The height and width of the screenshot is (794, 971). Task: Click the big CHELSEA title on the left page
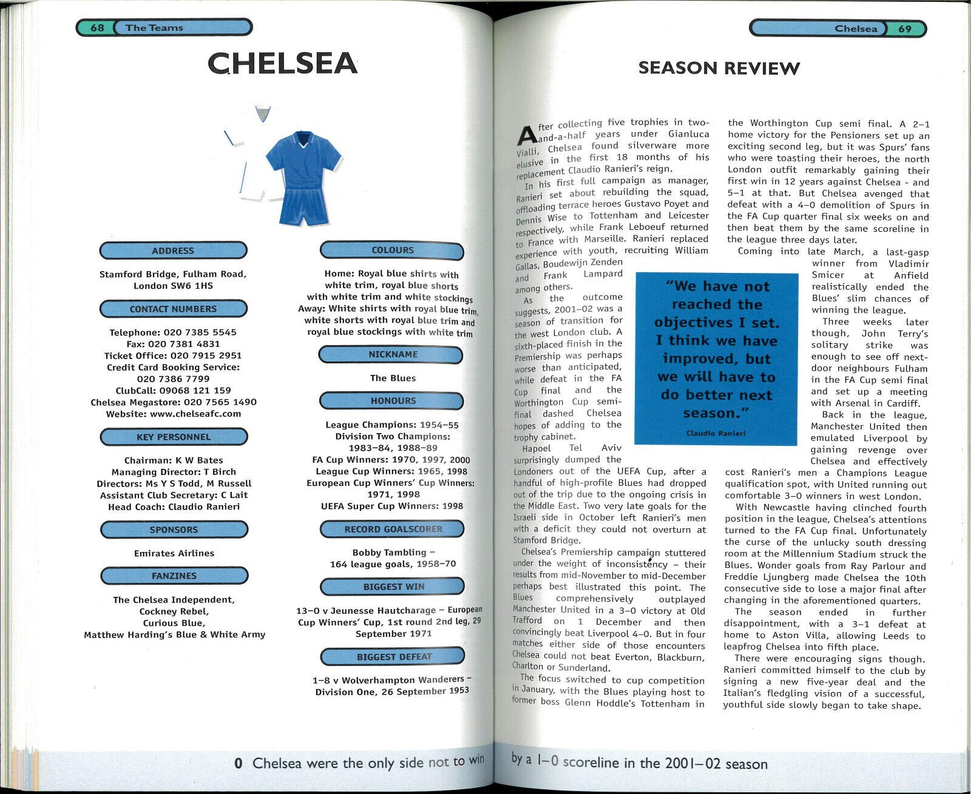point(282,64)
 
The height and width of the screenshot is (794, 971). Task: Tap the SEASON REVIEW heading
point(719,69)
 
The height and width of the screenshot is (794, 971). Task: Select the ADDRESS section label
point(173,251)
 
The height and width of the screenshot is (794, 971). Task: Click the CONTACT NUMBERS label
point(173,309)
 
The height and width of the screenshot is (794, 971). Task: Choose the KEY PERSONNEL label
point(174,437)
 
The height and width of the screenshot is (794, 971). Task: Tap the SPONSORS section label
point(174,530)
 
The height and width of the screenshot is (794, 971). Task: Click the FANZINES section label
point(174,576)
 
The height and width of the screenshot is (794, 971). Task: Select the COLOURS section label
point(392,250)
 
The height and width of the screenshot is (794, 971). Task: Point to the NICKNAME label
point(393,354)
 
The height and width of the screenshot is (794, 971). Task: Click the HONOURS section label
point(393,401)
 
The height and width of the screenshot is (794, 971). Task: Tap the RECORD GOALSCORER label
point(393,529)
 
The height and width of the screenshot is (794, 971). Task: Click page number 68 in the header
point(97,28)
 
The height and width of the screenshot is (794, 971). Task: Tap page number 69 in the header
point(904,29)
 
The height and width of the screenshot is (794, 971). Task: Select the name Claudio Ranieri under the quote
point(716,433)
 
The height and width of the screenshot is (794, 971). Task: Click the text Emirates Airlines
point(174,553)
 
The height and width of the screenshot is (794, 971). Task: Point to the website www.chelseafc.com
point(195,414)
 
